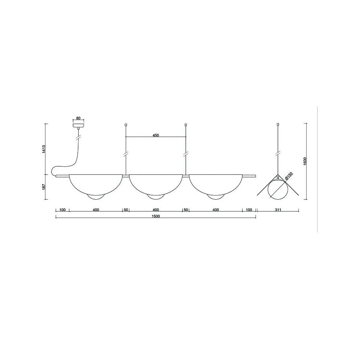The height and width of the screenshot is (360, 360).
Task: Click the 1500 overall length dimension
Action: click(x=156, y=216)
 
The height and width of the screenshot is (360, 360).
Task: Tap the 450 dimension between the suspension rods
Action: click(x=156, y=135)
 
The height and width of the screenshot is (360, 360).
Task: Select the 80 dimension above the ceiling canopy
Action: click(x=78, y=118)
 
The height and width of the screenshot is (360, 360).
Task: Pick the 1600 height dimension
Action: click(x=305, y=162)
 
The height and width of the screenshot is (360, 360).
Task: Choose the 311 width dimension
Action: click(x=278, y=210)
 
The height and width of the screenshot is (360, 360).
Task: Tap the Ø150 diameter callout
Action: click(x=289, y=176)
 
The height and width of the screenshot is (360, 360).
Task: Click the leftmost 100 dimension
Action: click(x=62, y=210)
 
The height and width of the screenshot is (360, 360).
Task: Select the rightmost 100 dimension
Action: click(x=249, y=210)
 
